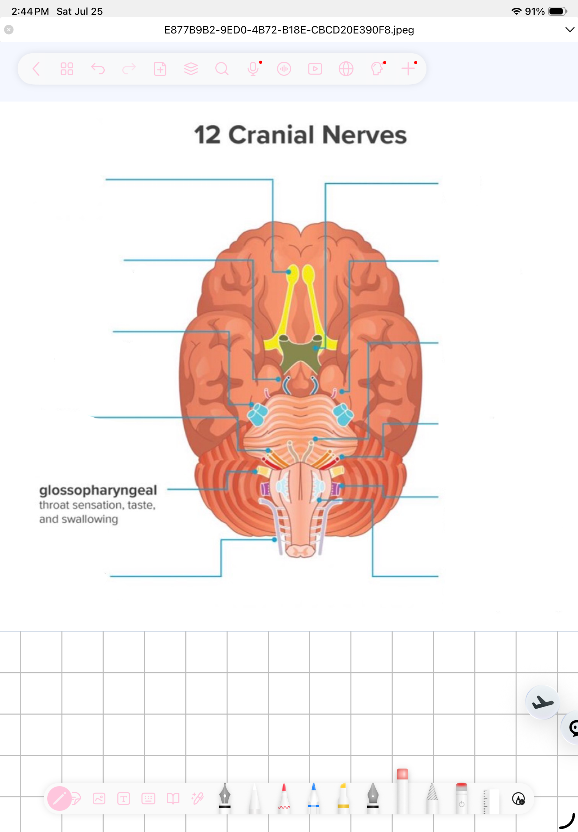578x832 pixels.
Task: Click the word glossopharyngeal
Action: point(98,491)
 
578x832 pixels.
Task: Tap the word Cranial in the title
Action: point(271,135)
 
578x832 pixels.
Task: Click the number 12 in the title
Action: point(207,135)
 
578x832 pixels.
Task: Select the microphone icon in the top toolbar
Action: point(253,68)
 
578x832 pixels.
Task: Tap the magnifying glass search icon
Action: point(222,68)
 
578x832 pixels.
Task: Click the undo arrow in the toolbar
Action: point(98,68)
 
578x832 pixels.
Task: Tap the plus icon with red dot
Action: point(408,68)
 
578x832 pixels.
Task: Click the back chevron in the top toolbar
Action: point(36,68)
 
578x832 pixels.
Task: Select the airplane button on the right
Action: point(542,702)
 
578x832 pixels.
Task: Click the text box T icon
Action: point(123,798)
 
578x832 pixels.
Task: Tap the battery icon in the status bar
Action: point(557,11)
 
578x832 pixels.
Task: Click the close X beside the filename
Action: point(9,29)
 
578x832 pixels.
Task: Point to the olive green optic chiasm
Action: point(300,354)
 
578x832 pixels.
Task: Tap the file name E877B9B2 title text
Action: point(289,30)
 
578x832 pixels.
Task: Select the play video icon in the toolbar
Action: point(315,68)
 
